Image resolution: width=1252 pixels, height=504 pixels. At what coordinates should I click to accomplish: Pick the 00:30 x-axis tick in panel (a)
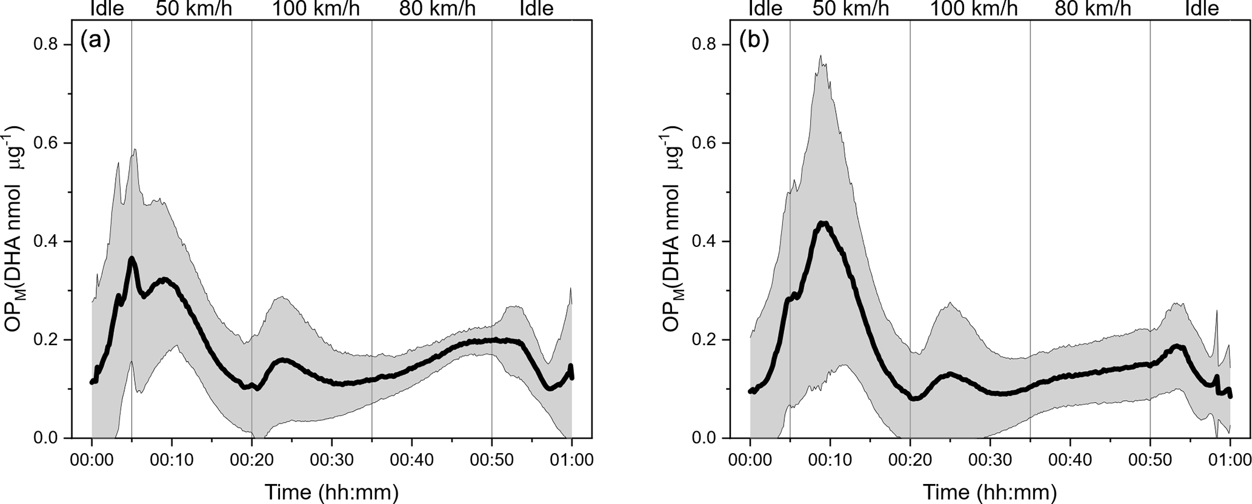pyautogui.click(x=331, y=460)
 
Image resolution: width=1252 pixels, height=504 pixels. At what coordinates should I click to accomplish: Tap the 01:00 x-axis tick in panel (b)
pyautogui.click(x=1230, y=460)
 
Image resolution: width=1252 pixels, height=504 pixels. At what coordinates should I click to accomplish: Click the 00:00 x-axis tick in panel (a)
pyautogui.click(x=92, y=460)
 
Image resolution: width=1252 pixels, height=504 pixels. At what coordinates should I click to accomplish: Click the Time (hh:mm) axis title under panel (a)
pyautogui.click(x=331, y=491)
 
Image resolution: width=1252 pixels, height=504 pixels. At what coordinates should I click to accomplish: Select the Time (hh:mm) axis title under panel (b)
pyautogui.click(x=990, y=491)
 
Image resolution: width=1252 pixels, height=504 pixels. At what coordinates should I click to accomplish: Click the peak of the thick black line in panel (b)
pyautogui.click(x=822, y=223)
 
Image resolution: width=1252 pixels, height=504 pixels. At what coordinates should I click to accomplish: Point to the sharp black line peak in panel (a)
pyautogui.click(x=132, y=258)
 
